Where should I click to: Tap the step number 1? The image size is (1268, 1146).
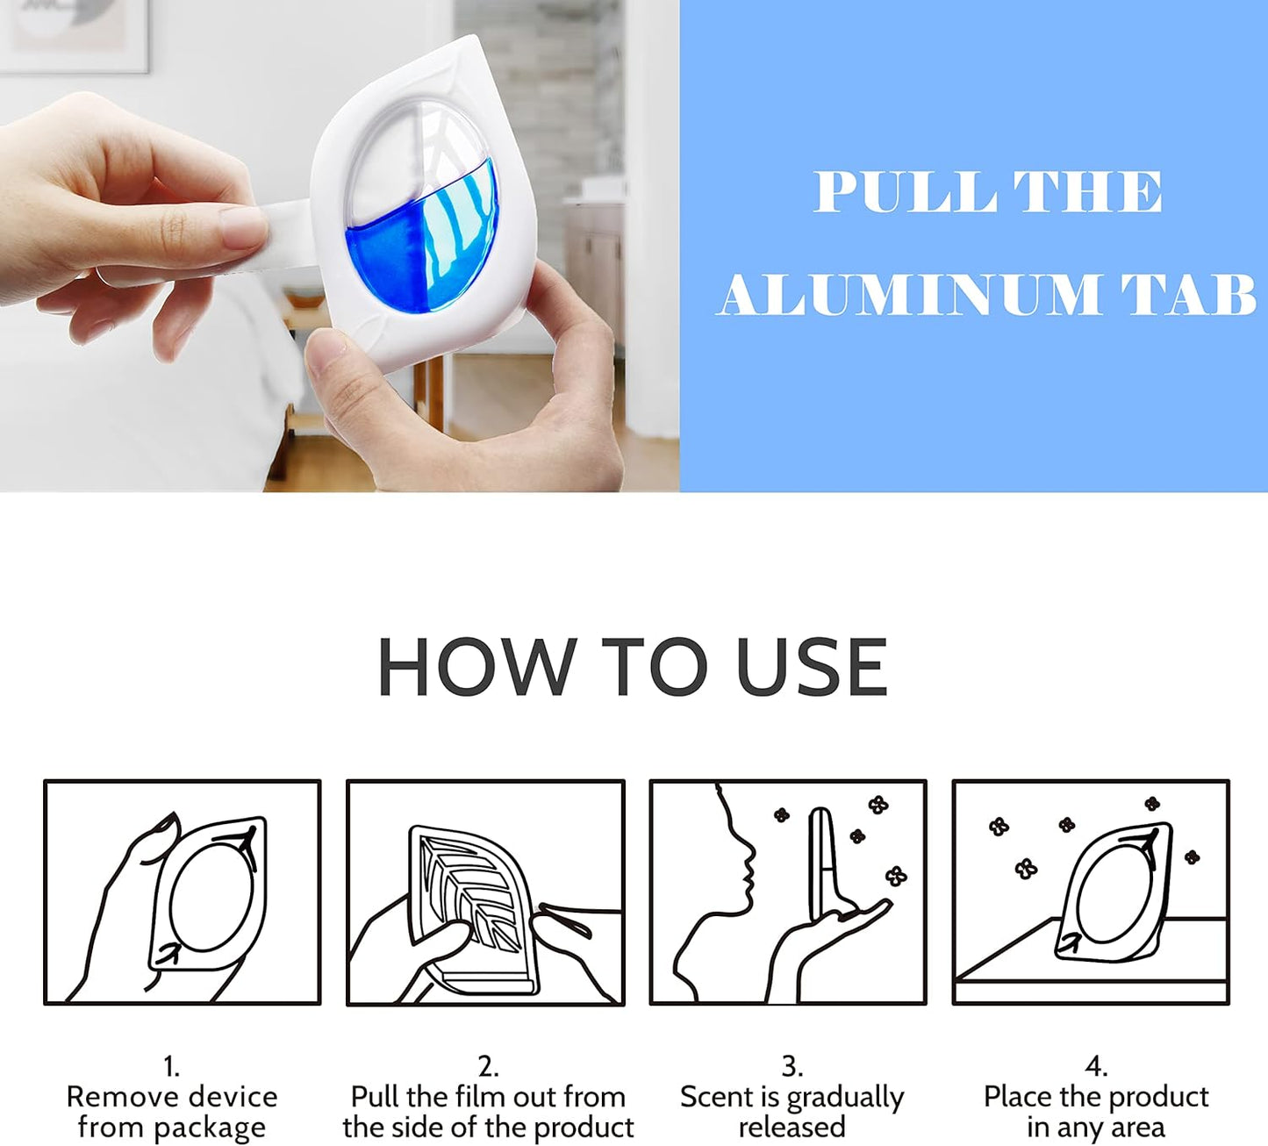[x=171, y=1067]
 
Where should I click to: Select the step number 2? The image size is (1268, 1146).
[x=488, y=1067]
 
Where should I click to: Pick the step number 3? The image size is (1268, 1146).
[x=792, y=1067]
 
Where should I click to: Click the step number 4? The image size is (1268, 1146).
[x=1095, y=1067]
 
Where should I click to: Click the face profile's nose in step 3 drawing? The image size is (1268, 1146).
[x=750, y=850]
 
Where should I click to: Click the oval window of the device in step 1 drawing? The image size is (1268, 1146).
[x=211, y=895]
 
